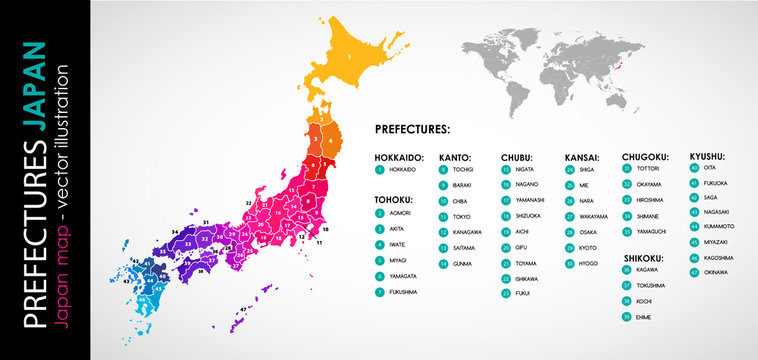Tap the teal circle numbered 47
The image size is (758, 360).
click(x=695, y=271)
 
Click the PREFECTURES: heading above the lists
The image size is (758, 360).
click(x=412, y=130)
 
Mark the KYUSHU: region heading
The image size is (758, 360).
click(x=707, y=156)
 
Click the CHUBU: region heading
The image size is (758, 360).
click(x=517, y=157)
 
